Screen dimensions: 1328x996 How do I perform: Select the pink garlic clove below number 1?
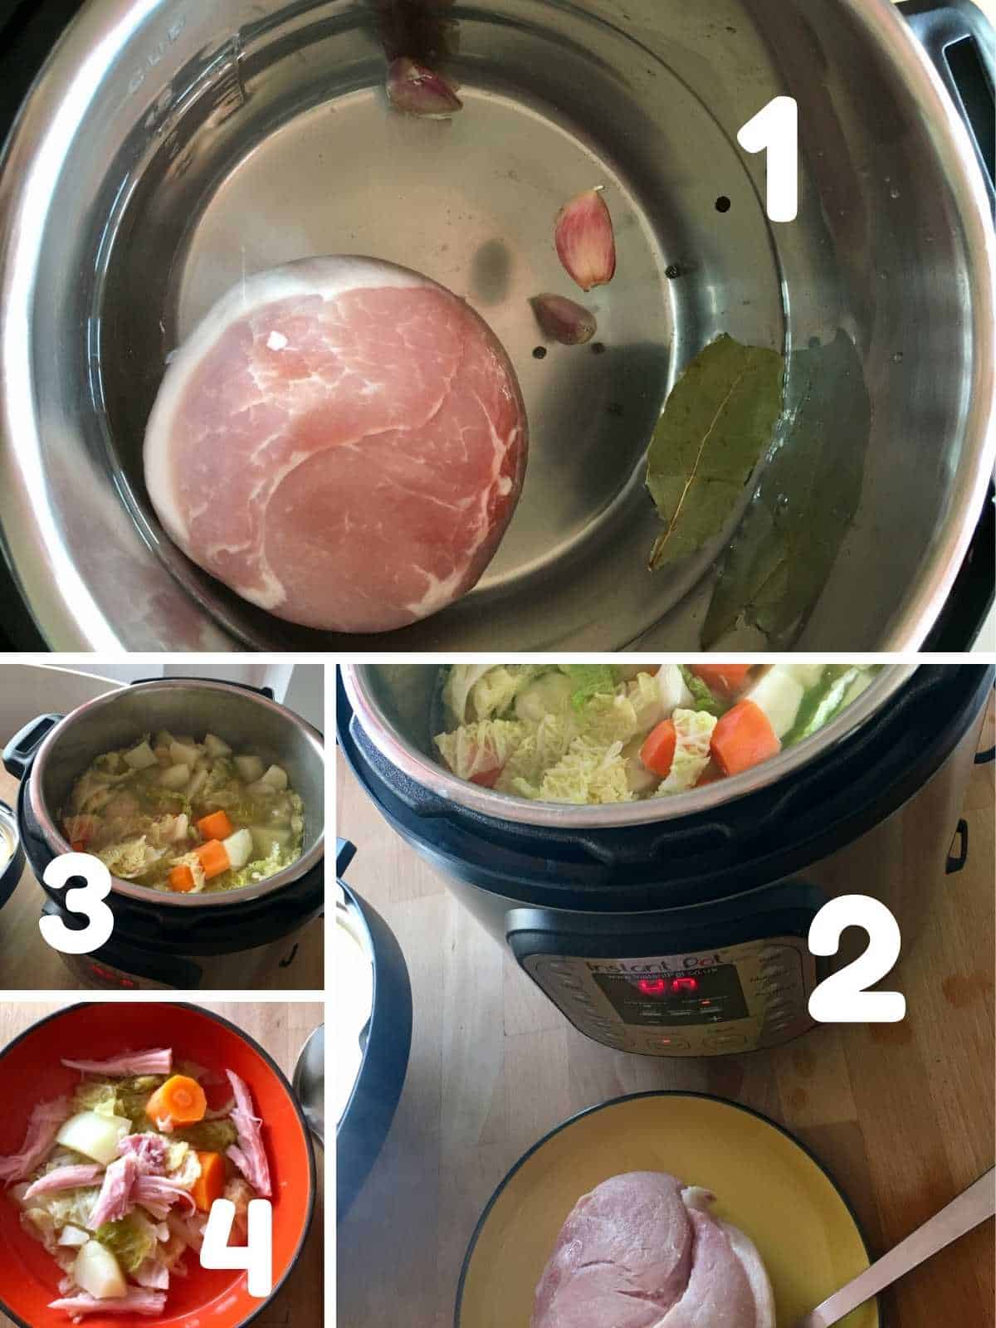pos(585,237)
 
